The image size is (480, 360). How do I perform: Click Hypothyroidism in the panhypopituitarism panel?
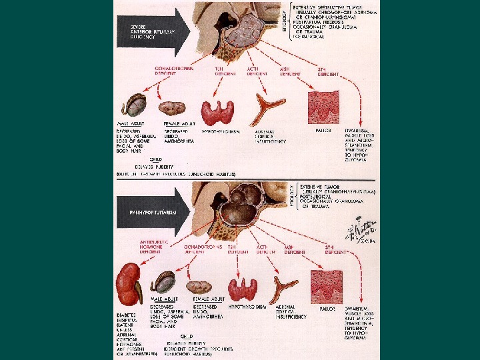coord(247,306)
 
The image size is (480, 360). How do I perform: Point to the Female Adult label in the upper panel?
coord(179,124)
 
